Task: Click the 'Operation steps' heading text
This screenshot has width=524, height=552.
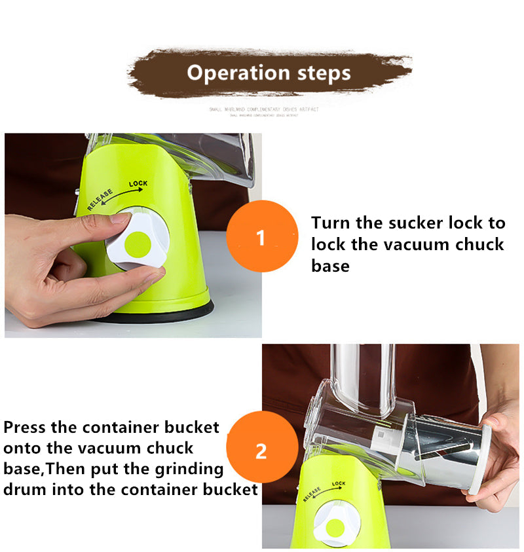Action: (x=269, y=72)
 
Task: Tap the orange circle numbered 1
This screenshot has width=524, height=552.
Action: (x=262, y=236)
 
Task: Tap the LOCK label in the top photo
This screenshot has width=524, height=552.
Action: (x=138, y=184)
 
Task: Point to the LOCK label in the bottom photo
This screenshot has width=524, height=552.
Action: (x=339, y=485)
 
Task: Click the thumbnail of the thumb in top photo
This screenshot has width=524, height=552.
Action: (x=121, y=219)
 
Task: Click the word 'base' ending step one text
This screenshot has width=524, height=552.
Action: (x=330, y=266)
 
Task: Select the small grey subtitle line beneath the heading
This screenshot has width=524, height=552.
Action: (x=263, y=109)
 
